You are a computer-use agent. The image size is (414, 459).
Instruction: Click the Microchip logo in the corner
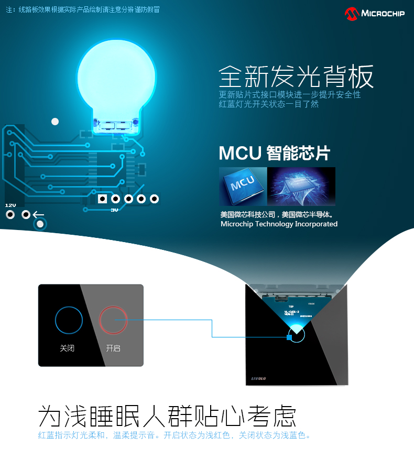[x=374, y=13]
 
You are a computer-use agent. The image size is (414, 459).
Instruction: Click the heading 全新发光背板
[x=296, y=77]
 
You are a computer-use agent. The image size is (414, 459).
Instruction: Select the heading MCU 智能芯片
[x=275, y=153]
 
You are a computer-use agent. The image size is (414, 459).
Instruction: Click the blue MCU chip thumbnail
[x=242, y=185]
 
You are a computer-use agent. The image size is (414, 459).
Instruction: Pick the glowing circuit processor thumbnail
[x=301, y=186]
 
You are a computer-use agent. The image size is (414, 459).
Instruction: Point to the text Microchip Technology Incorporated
[x=279, y=224]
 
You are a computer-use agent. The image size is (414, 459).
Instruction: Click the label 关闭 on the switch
[x=67, y=348]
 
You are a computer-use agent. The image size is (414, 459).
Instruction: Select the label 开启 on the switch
[x=113, y=348]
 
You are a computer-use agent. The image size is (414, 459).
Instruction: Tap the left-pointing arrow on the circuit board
[x=39, y=214]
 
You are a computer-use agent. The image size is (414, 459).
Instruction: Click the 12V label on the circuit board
[x=10, y=205]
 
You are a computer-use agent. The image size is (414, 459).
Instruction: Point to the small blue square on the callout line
[x=289, y=337]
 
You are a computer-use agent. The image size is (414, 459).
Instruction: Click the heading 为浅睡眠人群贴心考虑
[x=168, y=417]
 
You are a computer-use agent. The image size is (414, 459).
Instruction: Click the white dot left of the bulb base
[x=55, y=122]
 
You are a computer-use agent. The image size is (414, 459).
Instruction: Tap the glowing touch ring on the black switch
[x=297, y=333]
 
